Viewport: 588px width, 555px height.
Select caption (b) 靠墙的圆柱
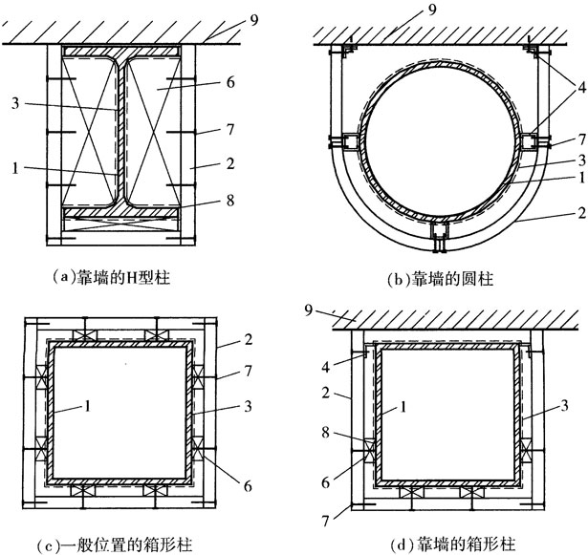point(440,279)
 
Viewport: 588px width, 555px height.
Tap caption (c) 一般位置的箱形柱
point(116,544)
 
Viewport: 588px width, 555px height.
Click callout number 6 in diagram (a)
point(230,82)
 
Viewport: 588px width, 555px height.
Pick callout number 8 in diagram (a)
point(230,200)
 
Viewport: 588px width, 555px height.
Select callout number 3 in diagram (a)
point(15,103)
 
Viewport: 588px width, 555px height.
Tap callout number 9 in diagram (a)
point(254,20)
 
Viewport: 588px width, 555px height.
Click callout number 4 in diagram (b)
point(581,87)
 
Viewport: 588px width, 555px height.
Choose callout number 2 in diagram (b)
point(581,213)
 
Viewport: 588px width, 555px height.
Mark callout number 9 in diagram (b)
point(432,11)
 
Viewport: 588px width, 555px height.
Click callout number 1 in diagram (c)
point(87,406)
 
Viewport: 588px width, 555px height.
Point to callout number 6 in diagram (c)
point(248,486)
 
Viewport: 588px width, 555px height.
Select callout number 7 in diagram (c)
point(248,371)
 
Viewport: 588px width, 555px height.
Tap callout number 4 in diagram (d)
point(325,367)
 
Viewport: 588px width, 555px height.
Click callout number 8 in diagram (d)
point(325,433)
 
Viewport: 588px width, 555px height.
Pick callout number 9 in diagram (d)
point(309,310)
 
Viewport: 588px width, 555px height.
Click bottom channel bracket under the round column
point(440,237)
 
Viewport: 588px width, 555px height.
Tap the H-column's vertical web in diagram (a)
point(120,131)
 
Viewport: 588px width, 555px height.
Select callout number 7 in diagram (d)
point(325,522)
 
